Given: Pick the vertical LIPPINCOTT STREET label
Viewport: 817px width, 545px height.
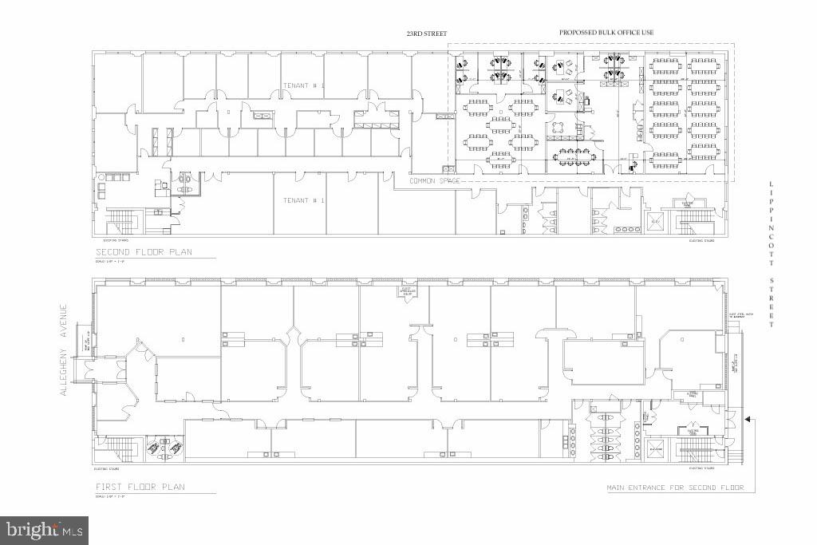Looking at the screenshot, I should point(771,254).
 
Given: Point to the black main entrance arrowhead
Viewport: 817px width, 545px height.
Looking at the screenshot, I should point(748,417).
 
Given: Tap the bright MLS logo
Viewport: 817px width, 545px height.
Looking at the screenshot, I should point(45,529).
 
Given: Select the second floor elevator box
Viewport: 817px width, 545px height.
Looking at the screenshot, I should point(656,220).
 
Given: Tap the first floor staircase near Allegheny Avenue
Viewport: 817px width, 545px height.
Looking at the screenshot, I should point(120,447).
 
